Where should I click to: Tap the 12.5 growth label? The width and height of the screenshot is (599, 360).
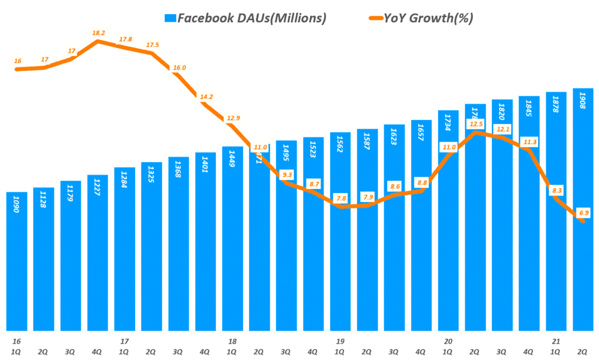(x=477, y=124)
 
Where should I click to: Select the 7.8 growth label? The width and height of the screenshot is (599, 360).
(x=340, y=197)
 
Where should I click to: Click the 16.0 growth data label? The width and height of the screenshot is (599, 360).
(x=179, y=68)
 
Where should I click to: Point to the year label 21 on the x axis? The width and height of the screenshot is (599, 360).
(x=556, y=341)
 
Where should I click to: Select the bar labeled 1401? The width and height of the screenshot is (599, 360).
(x=206, y=241)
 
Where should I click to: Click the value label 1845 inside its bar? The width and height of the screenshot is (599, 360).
(x=529, y=109)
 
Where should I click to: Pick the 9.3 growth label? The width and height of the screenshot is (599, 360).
(x=287, y=174)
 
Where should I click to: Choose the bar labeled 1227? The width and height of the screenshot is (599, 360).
(x=98, y=252)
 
